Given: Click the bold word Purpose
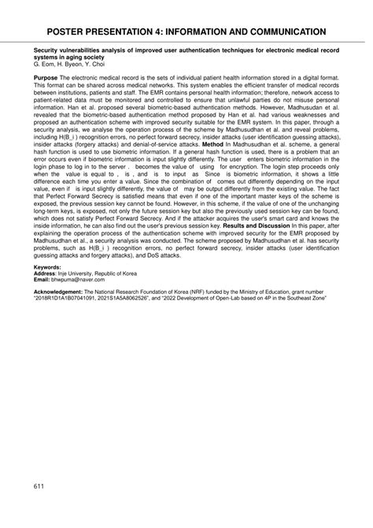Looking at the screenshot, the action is pyautogui.click(x=46, y=80).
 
